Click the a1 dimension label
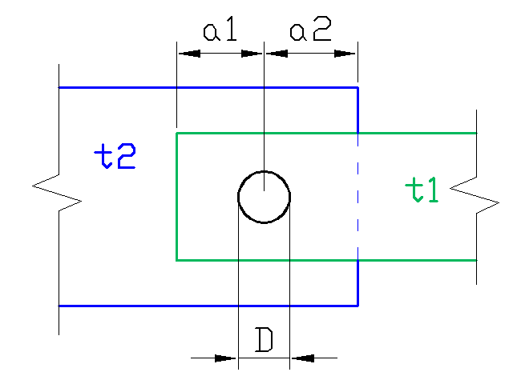click(220, 30)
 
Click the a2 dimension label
click(310, 30)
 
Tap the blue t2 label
click(115, 156)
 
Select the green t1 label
click(422, 190)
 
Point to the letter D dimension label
click(264, 340)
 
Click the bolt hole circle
click(238, 198)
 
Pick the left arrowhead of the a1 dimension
click(189, 54)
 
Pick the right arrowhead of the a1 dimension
click(252, 54)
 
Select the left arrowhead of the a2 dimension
click(277, 54)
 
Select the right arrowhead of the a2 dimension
click(345, 54)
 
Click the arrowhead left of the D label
click(225, 358)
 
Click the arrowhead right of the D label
click(303, 358)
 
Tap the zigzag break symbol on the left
click(57, 194)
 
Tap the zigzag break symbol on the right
click(475, 195)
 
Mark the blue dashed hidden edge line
click(358, 197)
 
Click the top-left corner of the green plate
click(176, 134)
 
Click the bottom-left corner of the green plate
click(176, 260)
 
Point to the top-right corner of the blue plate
click(358, 87)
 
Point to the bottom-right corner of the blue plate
click(358, 306)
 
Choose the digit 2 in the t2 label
click(127, 156)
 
